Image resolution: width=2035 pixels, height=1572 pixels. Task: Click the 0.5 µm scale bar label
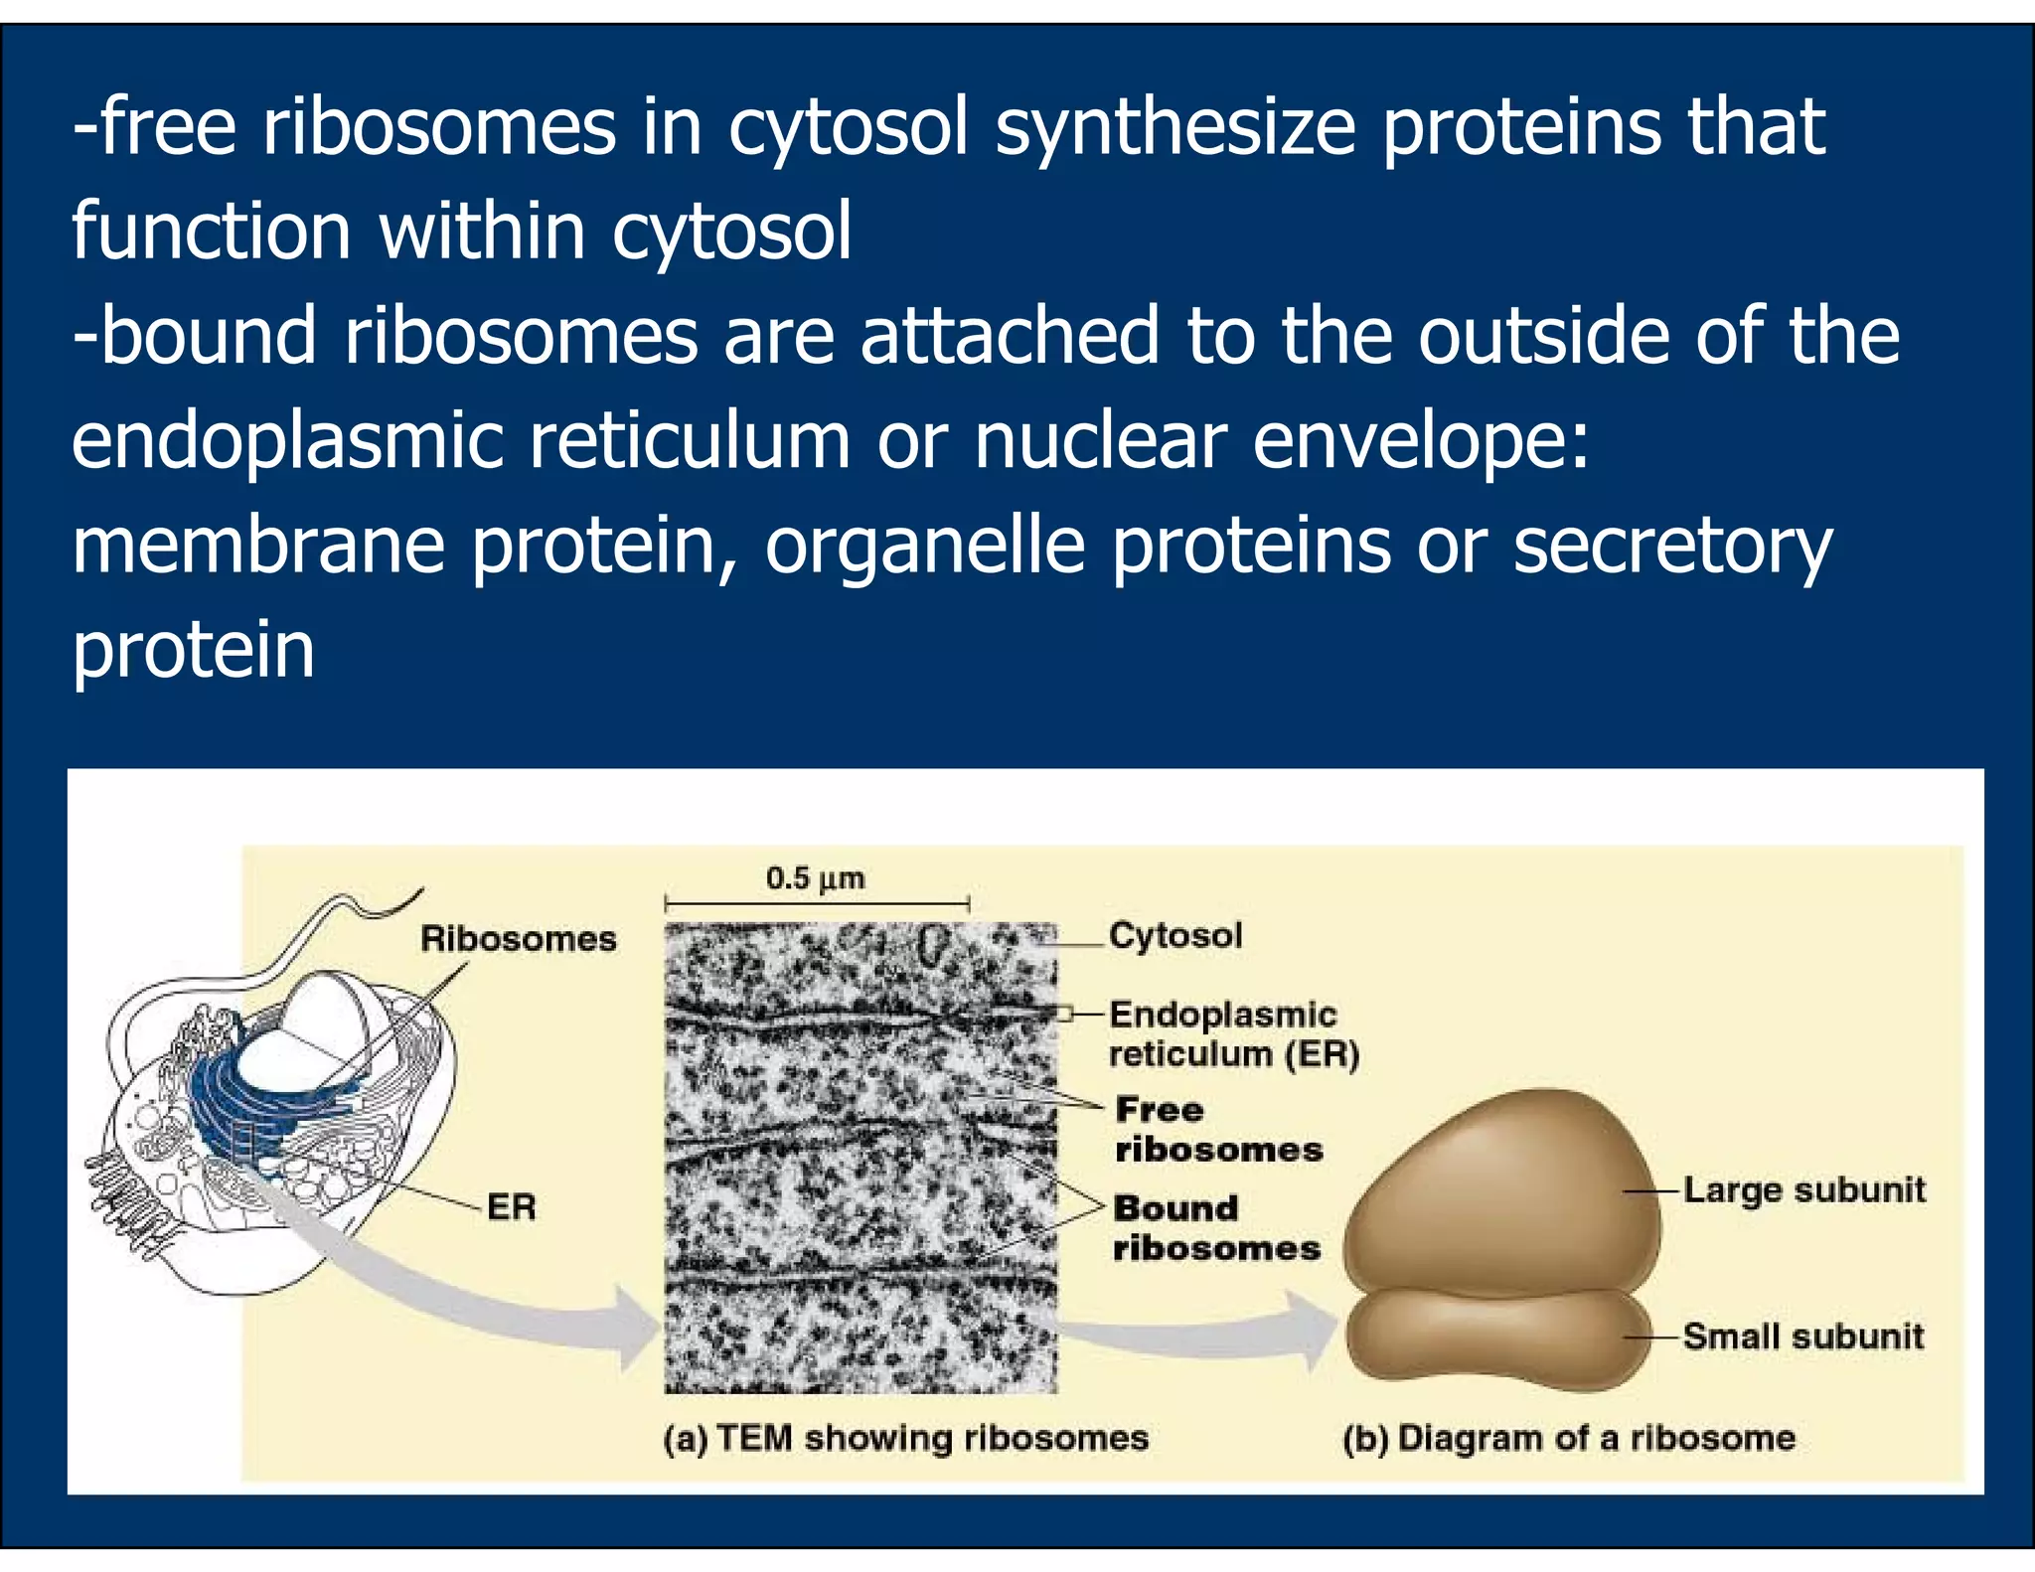[x=815, y=878]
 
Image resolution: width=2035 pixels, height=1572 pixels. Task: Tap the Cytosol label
[x=1175, y=935]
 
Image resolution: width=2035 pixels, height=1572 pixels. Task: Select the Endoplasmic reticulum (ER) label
[x=1232, y=1033]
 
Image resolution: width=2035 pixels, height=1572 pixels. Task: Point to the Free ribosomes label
[x=1218, y=1129]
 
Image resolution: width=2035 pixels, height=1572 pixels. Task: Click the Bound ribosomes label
[x=1215, y=1227]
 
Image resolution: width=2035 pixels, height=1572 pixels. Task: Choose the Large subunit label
[x=1803, y=1189]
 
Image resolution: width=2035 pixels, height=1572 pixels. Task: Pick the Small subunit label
[x=1802, y=1336]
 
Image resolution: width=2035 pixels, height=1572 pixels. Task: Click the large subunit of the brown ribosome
[x=1500, y=1192]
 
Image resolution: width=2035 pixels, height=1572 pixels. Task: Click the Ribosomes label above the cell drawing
[x=518, y=938]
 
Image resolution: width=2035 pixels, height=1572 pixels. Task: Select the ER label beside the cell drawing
[x=511, y=1206]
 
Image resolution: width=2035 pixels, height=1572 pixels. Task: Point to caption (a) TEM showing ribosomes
[x=905, y=1438]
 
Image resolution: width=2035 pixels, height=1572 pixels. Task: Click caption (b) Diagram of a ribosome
[x=1568, y=1438]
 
